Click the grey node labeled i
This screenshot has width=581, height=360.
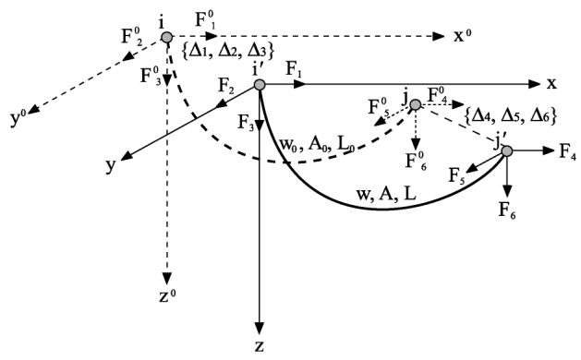[x=167, y=37]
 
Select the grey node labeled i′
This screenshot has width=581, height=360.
[x=260, y=84]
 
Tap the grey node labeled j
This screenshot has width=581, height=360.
[x=416, y=105]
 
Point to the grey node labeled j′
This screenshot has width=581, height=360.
[x=507, y=150]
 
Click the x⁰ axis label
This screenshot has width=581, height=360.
[x=463, y=36]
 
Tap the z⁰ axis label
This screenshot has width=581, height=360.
[x=167, y=295]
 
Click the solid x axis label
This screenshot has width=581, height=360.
[x=551, y=84]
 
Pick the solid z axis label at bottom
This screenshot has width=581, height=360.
[x=260, y=346]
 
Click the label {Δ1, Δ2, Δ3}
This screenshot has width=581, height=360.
[x=228, y=51]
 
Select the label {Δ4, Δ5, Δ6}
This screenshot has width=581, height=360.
[x=511, y=116]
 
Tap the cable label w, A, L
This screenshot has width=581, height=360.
[x=386, y=193]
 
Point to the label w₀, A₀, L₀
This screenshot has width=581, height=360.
[x=317, y=144]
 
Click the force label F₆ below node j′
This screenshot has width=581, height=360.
[x=507, y=211]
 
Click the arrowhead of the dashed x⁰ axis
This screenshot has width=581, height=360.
[x=438, y=36]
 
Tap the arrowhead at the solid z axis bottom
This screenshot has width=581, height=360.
[x=260, y=328]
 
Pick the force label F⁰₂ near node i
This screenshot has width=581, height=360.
[x=132, y=37]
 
